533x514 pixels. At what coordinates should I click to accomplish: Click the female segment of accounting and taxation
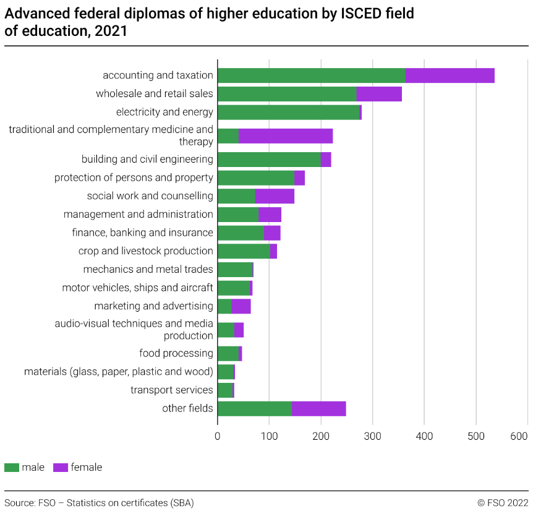coord(450,75)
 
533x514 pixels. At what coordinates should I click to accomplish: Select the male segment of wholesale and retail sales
coord(287,94)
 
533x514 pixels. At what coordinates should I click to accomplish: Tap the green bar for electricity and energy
coord(288,113)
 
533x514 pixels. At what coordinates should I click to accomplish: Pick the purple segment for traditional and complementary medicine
coord(285,135)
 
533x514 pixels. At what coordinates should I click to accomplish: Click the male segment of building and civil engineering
coord(269,159)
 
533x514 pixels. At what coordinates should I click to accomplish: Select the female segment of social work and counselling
coord(275,196)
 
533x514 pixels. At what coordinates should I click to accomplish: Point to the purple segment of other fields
coord(318,408)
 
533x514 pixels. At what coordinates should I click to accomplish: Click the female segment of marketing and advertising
coord(241,306)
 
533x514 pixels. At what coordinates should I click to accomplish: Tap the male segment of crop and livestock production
coord(244,251)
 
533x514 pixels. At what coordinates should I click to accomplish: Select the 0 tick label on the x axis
coord(218,436)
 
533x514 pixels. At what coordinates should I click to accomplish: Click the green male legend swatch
coord(12,468)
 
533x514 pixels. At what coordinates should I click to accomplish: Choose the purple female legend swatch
coord(61,468)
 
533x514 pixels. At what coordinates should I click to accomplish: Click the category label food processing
coord(176,353)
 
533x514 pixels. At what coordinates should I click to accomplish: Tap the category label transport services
coord(172,390)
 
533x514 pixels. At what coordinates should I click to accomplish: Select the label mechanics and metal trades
coord(148,270)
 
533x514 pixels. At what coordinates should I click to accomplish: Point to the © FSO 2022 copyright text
coord(503,503)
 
